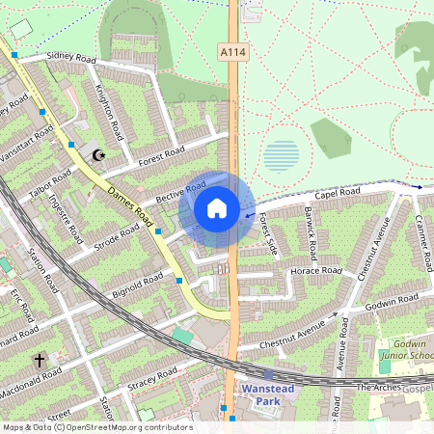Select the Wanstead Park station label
click(x=267, y=394)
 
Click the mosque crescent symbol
click(x=96, y=154)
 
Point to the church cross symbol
click(x=40, y=361)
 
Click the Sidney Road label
click(x=67, y=58)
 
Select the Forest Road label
click(x=161, y=154)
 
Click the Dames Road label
click(x=131, y=201)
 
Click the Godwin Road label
click(x=390, y=304)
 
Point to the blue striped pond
click(x=281, y=155)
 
